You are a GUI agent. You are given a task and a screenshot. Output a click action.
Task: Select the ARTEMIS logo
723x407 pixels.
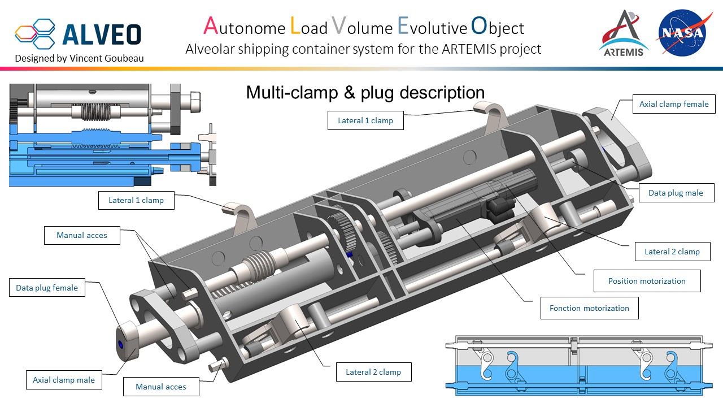[624, 34]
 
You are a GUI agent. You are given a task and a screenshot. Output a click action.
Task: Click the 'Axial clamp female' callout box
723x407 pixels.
[674, 105]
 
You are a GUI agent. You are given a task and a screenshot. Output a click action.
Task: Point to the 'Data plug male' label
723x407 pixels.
[676, 193]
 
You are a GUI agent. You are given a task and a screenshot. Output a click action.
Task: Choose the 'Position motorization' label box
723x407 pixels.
[647, 281]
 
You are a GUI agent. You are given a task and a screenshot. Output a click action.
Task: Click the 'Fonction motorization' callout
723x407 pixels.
[589, 308]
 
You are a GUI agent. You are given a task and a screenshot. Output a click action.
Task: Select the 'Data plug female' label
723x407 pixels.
[47, 288]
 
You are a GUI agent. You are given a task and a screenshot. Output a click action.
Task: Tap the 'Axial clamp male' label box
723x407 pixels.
[64, 380]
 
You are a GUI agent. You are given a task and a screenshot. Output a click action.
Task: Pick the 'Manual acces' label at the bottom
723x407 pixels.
[161, 387]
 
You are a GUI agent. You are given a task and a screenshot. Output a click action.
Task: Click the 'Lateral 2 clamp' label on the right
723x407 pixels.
[672, 252]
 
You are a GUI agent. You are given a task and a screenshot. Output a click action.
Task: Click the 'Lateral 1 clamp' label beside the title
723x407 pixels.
[365, 120]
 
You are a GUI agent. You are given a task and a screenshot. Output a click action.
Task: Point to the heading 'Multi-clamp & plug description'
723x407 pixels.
[365, 93]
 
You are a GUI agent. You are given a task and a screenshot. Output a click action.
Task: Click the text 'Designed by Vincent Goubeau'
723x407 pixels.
[79, 58]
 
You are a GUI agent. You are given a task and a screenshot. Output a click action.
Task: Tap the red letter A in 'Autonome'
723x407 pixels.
[210, 26]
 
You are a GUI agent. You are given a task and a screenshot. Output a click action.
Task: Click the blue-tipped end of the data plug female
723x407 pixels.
[120, 344]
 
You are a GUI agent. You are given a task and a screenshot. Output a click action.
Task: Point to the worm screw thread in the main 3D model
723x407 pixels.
[257, 266]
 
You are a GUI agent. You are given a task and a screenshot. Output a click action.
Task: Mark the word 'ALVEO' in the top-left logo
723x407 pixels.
[102, 34]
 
